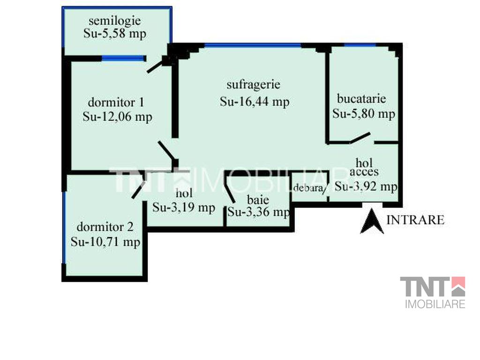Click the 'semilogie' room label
click(x=115, y=21)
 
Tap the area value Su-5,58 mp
click(x=115, y=34)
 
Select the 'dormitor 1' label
click(x=116, y=102)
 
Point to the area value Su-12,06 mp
click(x=118, y=117)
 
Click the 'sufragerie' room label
click(x=254, y=84)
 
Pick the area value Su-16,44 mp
click(x=255, y=102)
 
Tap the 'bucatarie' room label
click(x=361, y=98)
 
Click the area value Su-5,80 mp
click(x=364, y=114)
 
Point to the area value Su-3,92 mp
click(x=366, y=186)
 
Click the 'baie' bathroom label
click(x=258, y=200)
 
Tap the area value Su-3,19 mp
click(x=184, y=208)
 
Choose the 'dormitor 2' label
click(x=105, y=227)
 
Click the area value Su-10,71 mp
click(x=105, y=242)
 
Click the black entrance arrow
click(x=372, y=221)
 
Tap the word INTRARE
click(x=415, y=220)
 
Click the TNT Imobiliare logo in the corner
click(x=433, y=292)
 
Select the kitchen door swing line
click(x=360, y=138)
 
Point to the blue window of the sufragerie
click(x=253, y=45)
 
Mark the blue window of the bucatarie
click(x=360, y=45)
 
